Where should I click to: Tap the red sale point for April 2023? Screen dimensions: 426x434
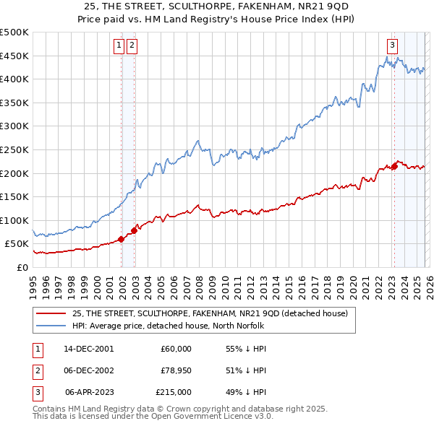coord(395,166)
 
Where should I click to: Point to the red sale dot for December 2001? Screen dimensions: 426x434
coord(121,239)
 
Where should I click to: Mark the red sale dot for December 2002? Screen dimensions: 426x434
coord(134,230)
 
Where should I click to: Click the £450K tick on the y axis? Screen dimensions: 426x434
coord(14,56)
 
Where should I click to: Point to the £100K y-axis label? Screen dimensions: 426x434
coord(14,220)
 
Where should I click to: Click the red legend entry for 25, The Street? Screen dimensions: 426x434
coord(210,313)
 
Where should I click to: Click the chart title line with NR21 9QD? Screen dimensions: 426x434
coord(217,6)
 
